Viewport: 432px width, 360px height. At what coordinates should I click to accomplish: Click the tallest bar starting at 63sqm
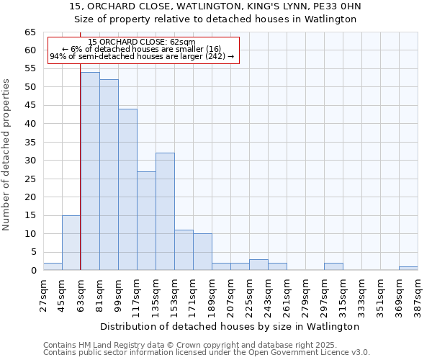[x=90, y=171]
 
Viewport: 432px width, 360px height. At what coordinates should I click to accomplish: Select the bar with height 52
[x=109, y=175]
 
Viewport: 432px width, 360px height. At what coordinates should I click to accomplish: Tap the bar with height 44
[x=127, y=189]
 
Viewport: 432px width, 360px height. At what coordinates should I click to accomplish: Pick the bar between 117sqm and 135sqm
[x=146, y=220]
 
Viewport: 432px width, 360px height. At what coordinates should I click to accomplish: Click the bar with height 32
[x=165, y=212]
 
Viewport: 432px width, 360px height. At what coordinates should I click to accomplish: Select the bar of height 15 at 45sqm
[x=71, y=243]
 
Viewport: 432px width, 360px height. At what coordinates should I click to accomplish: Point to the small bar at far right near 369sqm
[x=408, y=268]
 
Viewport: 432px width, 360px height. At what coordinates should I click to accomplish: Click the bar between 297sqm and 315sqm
[x=333, y=266]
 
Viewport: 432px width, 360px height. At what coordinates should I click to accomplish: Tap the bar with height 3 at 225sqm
[x=258, y=264]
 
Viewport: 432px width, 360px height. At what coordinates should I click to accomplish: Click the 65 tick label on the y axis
[x=30, y=32]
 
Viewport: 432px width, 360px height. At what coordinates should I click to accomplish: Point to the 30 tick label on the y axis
[x=30, y=161]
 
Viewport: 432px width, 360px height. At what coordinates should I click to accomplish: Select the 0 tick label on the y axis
[x=32, y=271]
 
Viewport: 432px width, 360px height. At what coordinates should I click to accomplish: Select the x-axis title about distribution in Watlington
[x=230, y=326]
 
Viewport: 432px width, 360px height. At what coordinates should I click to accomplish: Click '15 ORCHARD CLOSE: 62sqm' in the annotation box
[x=141, y=42]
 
